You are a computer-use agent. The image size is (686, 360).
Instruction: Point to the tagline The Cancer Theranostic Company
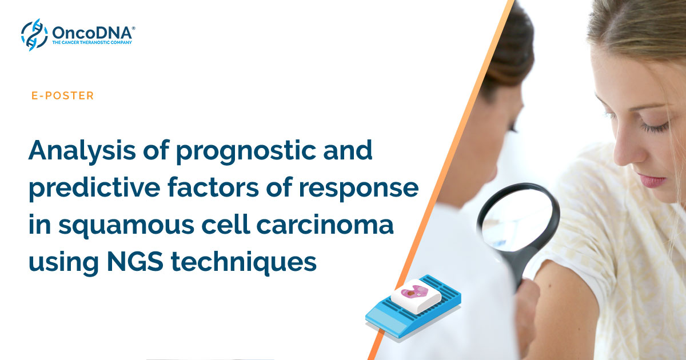93,42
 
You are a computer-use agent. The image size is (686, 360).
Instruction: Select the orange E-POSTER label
63,96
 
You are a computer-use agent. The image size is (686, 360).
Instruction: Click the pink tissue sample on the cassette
414,292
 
